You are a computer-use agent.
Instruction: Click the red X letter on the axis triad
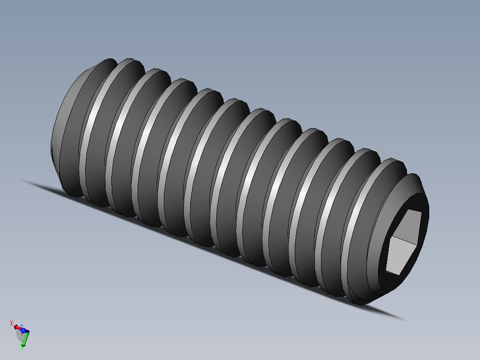point(12,323)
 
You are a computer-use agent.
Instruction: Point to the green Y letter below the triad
point(22,348)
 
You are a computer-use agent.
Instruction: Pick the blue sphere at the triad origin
point(23,331)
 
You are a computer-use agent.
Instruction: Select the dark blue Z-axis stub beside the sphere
point(27,331)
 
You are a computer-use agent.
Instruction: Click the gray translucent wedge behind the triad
point(20,336)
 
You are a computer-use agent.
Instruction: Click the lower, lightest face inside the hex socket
point(401,258)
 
